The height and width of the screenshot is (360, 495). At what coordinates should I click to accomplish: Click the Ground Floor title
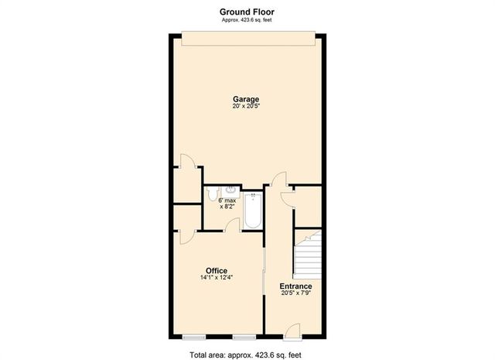point(247,12)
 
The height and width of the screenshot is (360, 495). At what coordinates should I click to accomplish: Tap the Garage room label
point(247,99)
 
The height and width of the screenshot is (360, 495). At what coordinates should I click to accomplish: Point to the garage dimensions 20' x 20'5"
point(247,107)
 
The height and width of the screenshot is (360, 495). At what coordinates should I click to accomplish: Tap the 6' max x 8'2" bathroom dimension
point(227,204)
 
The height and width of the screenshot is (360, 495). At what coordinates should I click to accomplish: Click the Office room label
point(216,270)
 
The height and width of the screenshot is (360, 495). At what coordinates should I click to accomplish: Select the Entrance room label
point(295,286)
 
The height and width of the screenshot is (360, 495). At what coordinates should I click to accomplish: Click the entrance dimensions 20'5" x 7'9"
point(295,293)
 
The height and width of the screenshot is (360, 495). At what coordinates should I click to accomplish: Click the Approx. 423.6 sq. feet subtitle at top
point(247,20)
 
